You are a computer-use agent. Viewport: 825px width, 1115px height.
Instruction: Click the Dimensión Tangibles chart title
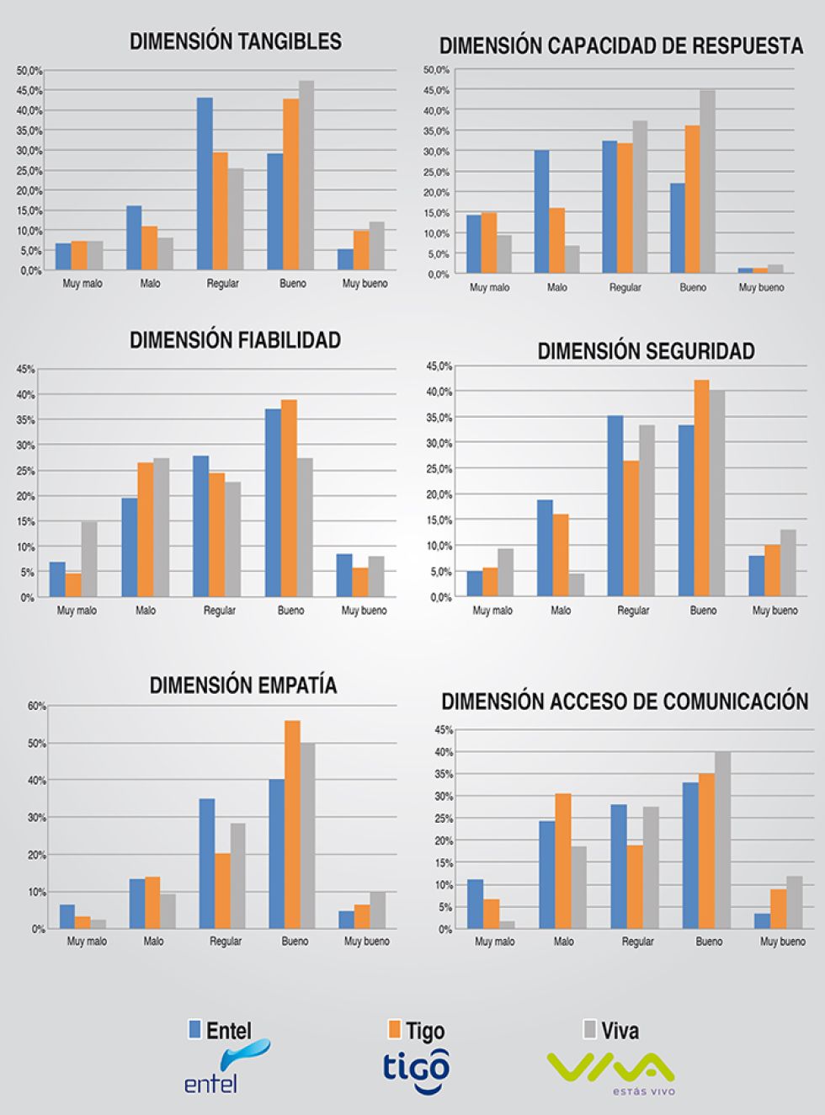point(236,41)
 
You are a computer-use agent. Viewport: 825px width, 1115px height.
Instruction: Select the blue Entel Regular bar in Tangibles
point(205,184)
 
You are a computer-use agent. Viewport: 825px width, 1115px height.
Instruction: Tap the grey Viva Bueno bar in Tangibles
point(306,175)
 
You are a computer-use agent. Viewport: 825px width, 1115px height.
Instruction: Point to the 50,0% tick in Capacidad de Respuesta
point(437,69)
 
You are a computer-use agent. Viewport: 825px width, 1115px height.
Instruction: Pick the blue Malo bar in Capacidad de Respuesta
point(542,211)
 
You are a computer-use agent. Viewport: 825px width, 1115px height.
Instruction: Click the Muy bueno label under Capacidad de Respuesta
point(761,287)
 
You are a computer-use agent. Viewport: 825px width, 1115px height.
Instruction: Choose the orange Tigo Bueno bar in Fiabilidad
point(289,498)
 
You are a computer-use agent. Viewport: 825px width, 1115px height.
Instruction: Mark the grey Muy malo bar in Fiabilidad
point(88,559)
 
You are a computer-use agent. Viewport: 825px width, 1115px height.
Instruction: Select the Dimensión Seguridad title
point(646,351)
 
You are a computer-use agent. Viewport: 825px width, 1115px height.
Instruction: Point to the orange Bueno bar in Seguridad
point(701,488)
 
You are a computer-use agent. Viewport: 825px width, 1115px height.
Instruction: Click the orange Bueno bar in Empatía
point(292,824)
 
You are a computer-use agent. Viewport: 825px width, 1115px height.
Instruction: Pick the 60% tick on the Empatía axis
point(36,706)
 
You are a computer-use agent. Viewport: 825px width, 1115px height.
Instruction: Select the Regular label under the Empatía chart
point(225,942)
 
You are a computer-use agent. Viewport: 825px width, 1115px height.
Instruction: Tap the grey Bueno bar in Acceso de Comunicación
point(722,840)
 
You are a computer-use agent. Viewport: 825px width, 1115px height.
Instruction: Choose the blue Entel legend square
point(195,1029)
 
